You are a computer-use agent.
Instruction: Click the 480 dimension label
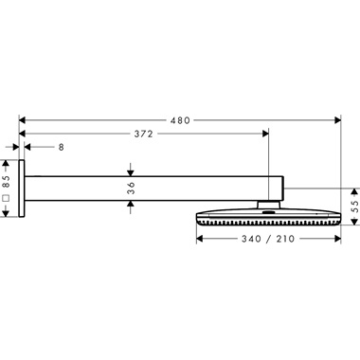(x=180, y=120)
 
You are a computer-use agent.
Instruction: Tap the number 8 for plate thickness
(x=62, y=147)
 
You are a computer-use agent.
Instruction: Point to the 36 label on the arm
(x=131, y=189)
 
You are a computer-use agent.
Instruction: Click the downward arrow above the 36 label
(x=131, y=171)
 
